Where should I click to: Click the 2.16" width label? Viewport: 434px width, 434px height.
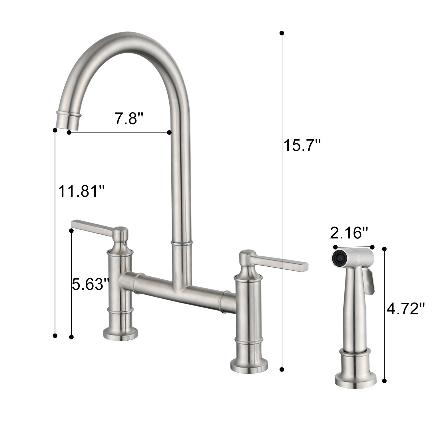(349, 233)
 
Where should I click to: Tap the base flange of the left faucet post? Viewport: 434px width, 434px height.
(120, 334)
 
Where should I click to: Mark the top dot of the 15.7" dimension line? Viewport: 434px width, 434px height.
(282, 33)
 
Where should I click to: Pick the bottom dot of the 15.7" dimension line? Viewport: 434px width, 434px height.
(282, 369)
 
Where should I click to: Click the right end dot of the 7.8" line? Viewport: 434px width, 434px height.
(169, 132)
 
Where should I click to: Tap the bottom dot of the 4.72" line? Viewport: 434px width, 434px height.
(384, 381)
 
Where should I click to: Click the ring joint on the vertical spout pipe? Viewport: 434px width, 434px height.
(182, 243)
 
